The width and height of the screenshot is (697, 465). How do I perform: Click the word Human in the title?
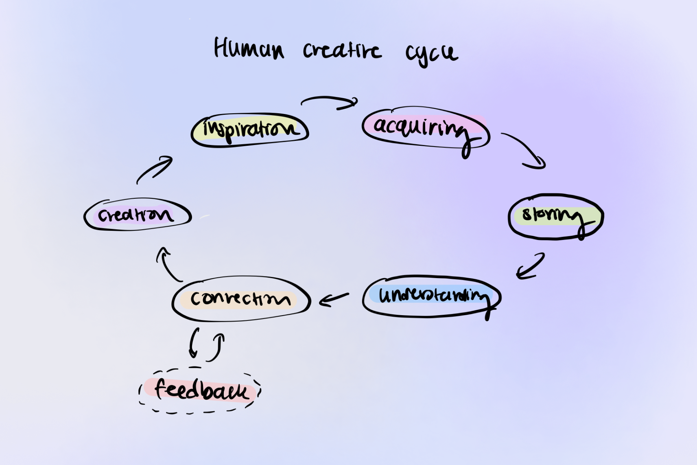click(x=249, y=49)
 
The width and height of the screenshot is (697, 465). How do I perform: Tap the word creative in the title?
click(x=342, y=50)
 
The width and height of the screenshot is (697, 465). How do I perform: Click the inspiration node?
click(x=249, y=130)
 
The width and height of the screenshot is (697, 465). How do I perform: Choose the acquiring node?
click(x=425, y=127)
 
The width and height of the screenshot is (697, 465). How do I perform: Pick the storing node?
click(x=555, y=216)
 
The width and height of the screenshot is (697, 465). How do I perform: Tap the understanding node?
click(x=431, y=296)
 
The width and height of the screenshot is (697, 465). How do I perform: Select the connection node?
click(x=241, y=299)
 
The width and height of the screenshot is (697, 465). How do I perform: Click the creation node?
click(x=137, y=215)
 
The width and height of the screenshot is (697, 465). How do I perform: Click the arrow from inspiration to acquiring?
click(x=330, y=102)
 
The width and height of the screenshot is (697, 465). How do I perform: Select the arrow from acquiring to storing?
click(x=525, y=150)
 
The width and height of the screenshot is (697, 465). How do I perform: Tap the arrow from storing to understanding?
click(x=530, y=267)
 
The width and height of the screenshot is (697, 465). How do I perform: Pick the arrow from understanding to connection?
click(x=334, y=299)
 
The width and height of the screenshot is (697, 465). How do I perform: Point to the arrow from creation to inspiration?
click(x=155, y=170)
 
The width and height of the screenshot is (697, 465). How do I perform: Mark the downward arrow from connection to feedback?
click(x=194, y=343)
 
